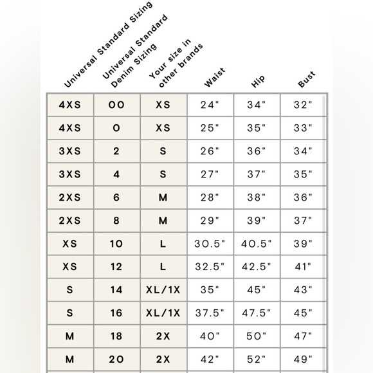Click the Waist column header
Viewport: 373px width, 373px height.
214,78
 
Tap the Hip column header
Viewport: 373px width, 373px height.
258,80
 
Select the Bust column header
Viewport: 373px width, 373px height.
306,79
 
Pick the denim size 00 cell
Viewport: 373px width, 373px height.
116,105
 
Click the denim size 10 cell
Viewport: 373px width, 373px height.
116,244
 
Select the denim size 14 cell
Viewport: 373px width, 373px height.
116,290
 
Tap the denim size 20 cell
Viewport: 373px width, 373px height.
116,359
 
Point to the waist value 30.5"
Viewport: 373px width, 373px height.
210,244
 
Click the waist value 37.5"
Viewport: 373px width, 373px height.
210,313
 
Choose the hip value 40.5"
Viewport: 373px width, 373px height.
256,244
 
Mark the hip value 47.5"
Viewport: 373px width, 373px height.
256,313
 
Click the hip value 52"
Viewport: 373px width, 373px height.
256,359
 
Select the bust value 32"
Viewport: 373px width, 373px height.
302,105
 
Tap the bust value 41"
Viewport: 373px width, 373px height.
302,267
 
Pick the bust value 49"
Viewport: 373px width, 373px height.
302,359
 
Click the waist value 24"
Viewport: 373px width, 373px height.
210,105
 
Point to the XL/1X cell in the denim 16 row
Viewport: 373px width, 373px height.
163,313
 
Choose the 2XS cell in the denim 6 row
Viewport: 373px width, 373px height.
70,197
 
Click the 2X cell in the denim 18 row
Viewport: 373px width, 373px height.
163,336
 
